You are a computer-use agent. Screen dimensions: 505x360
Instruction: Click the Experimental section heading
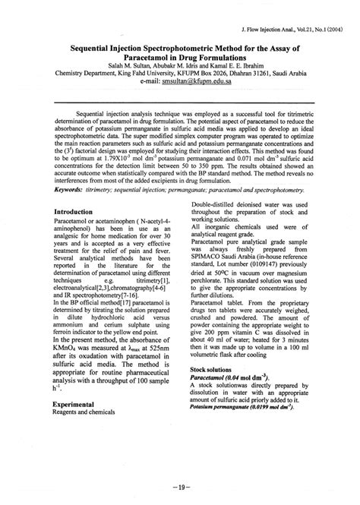point(80,405)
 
